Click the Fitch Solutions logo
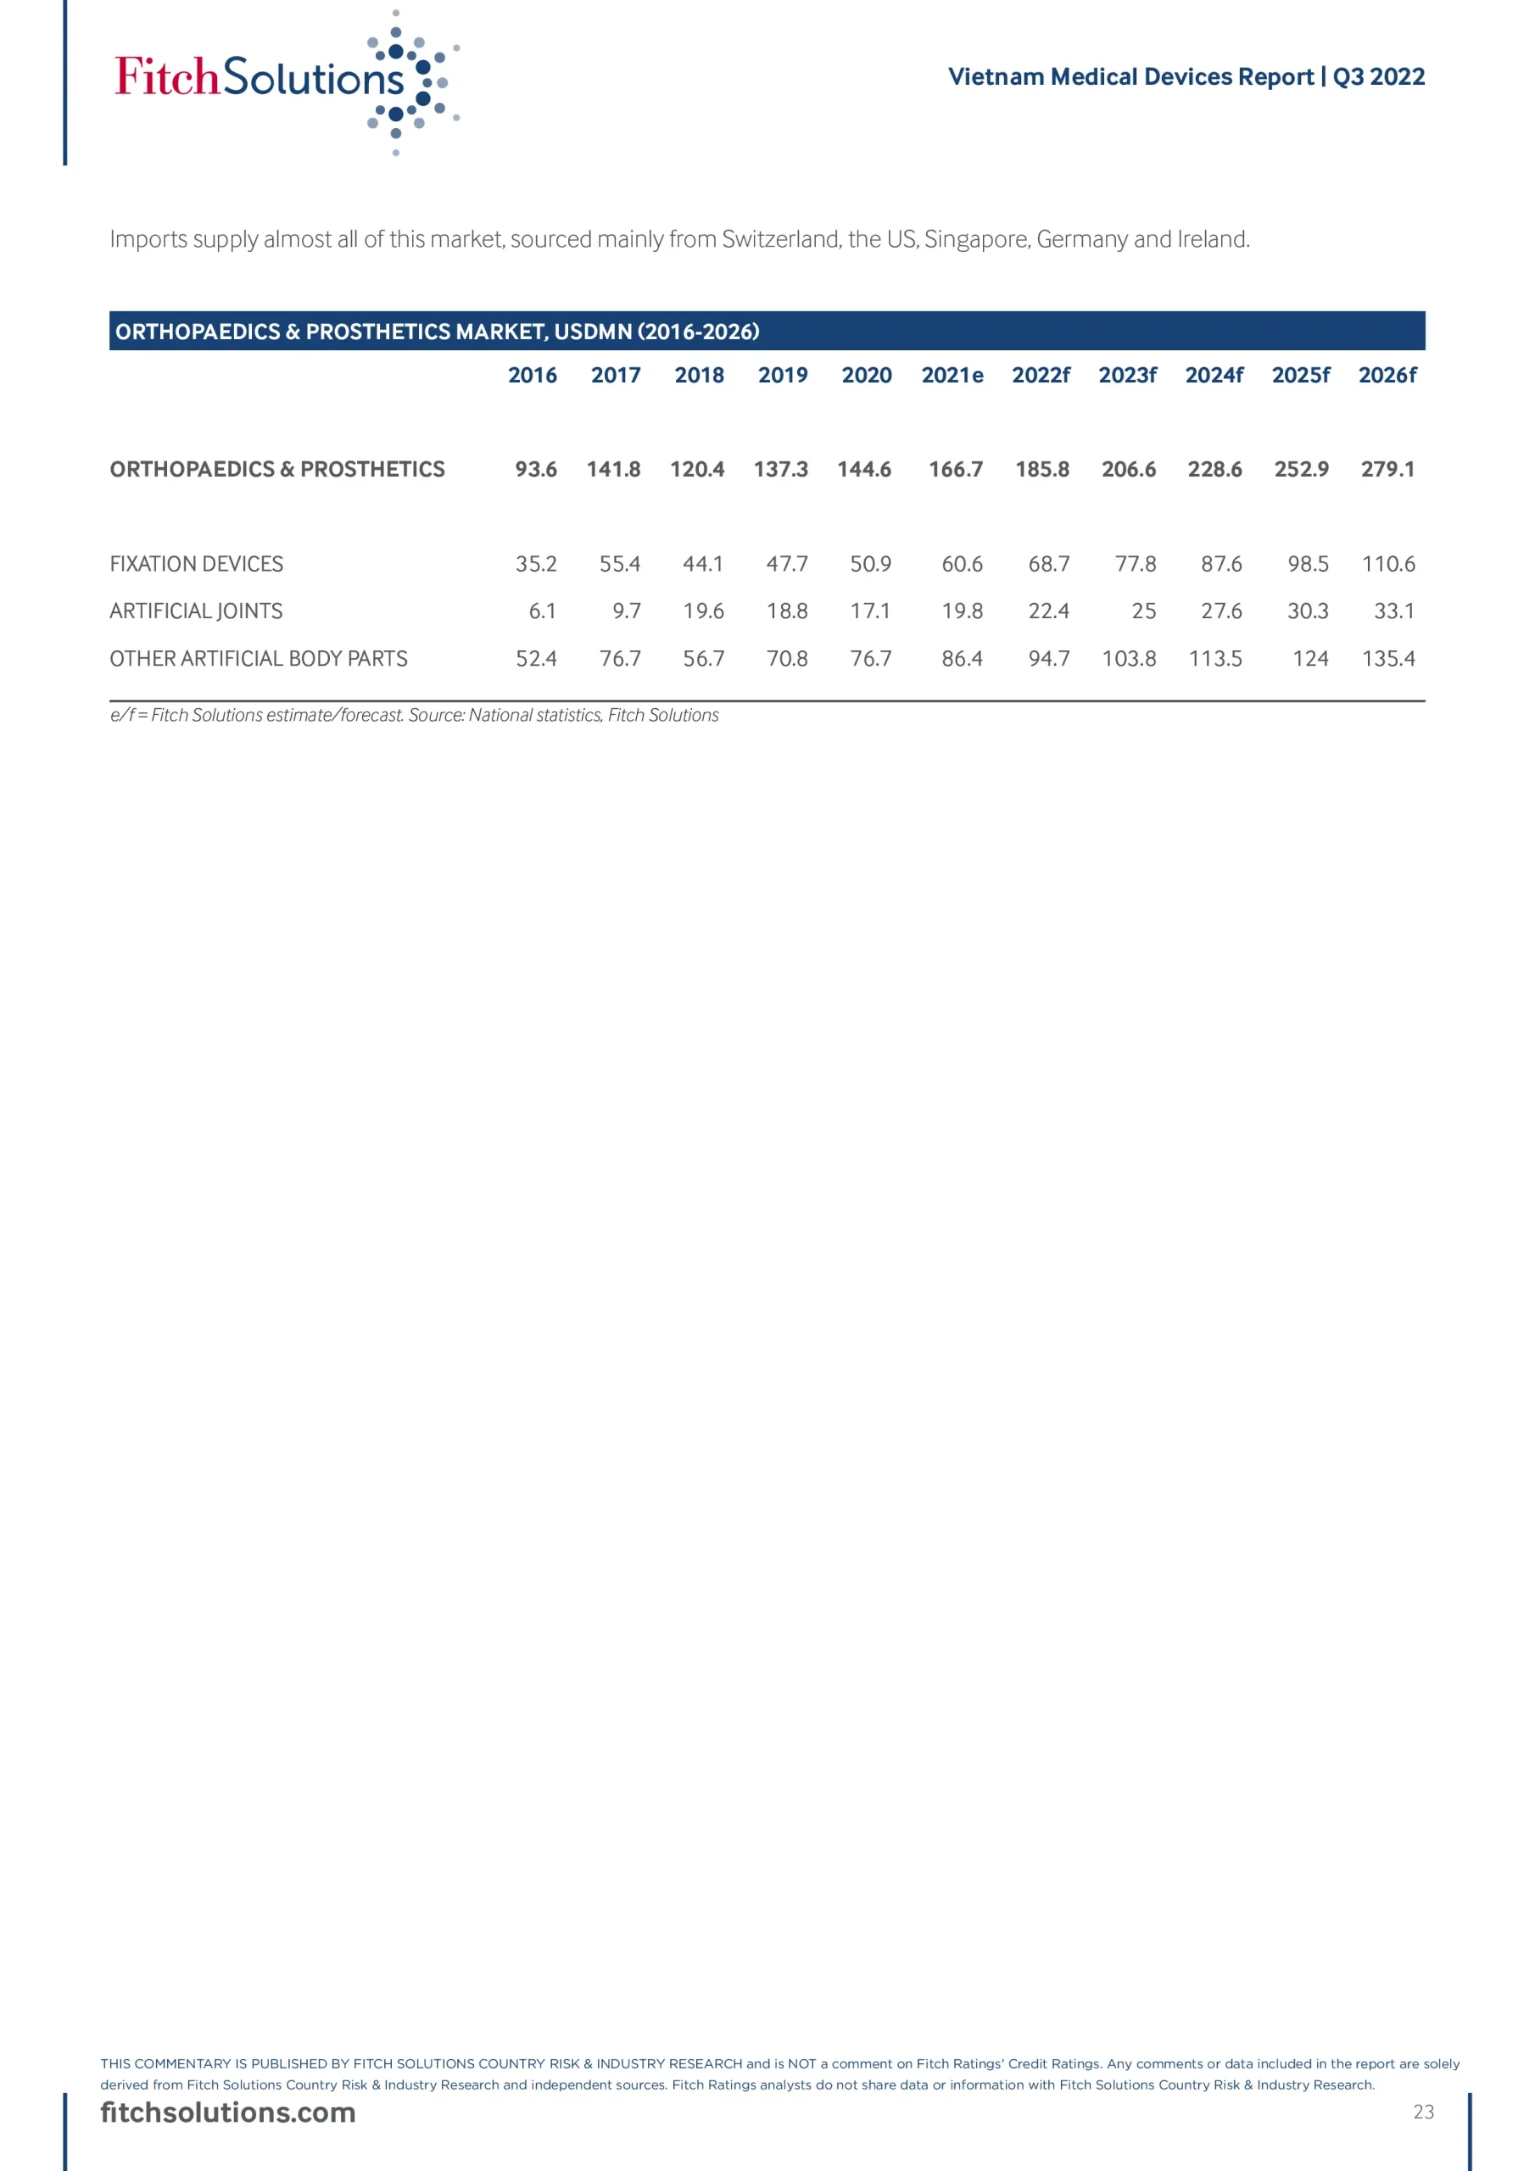pyautogui.click(x=284, y=81)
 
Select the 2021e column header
pyautogui.click(x=952, y=376)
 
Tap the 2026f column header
pyautogui.click(x=1387, y=376)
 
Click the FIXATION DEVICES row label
pyautogui.click(x=196, y=565)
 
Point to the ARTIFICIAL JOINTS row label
pyautogui.click(x=196, y=611)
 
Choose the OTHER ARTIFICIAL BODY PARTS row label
pyautogui.click(x=258, y=659)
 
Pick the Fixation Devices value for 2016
pyautogui.click(x=535, y=565)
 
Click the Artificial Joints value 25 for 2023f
pyautogui.click(x=1143, y=611)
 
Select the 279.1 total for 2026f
pyautogui.click(x=1387, y=470)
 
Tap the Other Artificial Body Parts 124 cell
pyautogui.click(x=1310, y=659)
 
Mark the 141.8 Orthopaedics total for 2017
pyautogui.click(x=613, y=470)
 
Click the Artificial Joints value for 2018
pyautogui.click(x=703, y=611)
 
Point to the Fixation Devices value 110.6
pyautogui.click(x=1387, y=565)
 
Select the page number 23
pyautogui.click(x=1422, y=2112)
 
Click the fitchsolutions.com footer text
pyautogui.click(x=228, y=2112)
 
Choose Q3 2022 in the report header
pyautogui.click(x=1378, y=76)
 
